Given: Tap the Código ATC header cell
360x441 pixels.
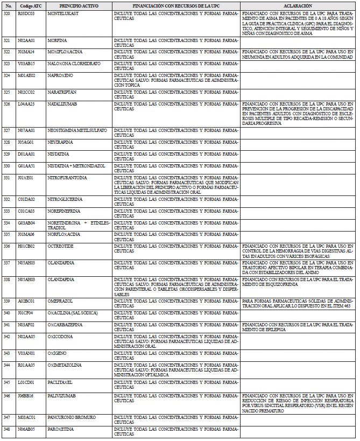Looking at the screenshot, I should click(28, 5).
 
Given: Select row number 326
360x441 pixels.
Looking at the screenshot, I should click(7, 103).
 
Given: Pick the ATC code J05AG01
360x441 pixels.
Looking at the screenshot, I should click(25, 142).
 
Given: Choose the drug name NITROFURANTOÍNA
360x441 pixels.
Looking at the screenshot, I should click(67, 177).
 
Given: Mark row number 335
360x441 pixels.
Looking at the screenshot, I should click(7, 234).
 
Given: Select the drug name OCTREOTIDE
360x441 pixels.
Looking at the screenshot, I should click(60, 246).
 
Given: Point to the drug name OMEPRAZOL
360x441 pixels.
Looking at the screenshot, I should click(60, 300).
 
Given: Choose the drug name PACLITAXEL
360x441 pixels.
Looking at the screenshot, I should click(60, 382).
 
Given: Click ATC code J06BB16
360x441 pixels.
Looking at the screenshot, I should click(25, 395).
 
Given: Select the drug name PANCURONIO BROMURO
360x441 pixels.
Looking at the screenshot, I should click(71, 417).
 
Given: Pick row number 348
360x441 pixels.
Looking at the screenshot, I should click(7, 429).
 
